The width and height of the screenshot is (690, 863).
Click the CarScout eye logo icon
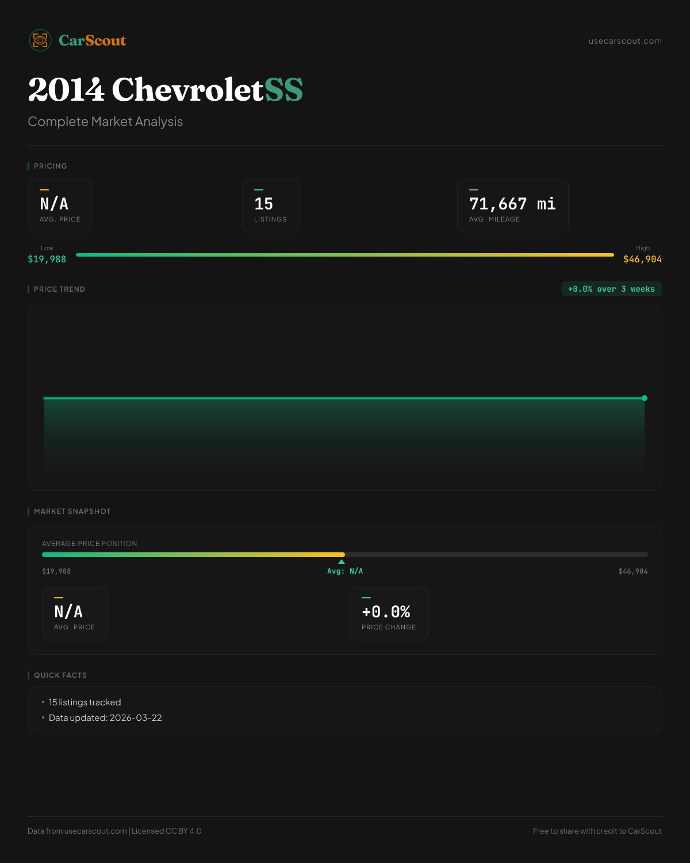click(40, 40)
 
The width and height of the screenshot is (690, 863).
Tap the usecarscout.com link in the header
click(625, 41)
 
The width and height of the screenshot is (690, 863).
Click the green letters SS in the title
click(283, 90)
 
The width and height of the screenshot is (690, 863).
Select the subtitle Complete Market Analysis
click(105, 122)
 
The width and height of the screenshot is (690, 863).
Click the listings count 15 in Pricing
click(264, 204)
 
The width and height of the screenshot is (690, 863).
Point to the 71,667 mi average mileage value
click(512, 204)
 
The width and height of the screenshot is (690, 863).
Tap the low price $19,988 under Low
click(47, 259)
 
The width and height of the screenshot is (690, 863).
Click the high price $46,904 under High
click(642, 259)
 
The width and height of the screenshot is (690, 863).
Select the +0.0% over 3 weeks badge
click(611, 289)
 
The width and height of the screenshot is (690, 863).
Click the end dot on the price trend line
click(645, 398)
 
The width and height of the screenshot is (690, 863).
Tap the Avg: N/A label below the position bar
click(345, 571)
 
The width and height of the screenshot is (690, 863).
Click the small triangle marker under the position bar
click(342, 562)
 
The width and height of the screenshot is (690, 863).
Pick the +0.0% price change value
click(386, 612)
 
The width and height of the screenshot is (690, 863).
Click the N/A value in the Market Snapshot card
click(68, 612)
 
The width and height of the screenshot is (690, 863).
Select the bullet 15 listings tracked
click(85, 702)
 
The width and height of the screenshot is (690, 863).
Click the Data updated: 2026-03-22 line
click(105, 718)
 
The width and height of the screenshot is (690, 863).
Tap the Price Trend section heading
click(59, 289)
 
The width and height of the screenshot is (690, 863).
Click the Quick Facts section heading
click(60, 675)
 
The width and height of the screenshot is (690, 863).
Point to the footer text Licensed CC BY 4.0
click(167, 831)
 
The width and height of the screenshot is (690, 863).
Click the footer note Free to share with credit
click(597, 831)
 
